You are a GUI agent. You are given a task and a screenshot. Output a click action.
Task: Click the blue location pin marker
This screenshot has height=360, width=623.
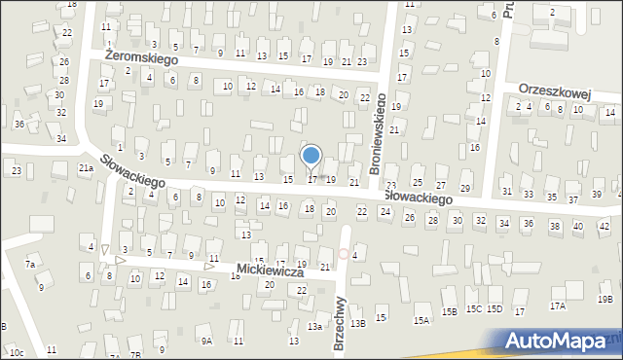[311, 156]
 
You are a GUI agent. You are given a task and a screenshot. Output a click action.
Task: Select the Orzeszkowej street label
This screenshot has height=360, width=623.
[556, 90]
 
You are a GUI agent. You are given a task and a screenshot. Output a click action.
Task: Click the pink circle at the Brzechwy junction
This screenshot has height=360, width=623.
[343, 253]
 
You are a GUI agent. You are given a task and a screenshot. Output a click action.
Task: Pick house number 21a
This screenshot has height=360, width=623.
[86, 168]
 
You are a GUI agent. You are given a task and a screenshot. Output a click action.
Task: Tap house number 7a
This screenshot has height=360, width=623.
[31, 265]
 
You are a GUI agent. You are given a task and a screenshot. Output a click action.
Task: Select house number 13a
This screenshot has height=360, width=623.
[315, 327]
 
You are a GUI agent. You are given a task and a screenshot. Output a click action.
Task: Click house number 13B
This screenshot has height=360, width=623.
[357, 323]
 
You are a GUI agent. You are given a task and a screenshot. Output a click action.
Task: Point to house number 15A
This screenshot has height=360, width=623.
[421, 320]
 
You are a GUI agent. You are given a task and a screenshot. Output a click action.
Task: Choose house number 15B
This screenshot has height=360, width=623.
[449, 312]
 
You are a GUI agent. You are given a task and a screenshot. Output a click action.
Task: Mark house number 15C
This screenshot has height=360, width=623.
[473, 309]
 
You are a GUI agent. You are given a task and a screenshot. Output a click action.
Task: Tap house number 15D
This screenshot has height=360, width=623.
[495, 309]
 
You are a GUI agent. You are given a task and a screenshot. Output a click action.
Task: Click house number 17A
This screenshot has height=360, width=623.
[557, 306]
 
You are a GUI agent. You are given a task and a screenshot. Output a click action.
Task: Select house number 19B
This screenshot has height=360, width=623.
[605, 300]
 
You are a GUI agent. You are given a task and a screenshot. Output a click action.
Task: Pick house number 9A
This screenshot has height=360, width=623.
[206, 341]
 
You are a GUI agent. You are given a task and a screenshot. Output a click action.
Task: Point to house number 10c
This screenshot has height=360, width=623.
[17, 351]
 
